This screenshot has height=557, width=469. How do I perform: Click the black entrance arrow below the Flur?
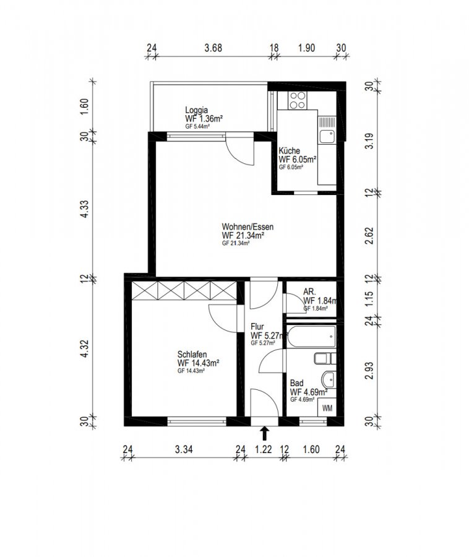click(x=265, y=433)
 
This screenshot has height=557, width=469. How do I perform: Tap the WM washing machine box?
click(x=327, y=408)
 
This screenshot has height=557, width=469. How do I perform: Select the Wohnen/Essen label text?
click(x=247, y=227)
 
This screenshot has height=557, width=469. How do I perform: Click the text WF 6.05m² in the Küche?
click(x=298, y=159)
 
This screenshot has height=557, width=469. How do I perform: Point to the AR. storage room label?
click(x=310, y=291)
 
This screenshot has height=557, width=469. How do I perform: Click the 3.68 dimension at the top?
click(x=212, y=48)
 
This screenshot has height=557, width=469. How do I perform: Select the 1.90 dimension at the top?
click(x=308, y=48)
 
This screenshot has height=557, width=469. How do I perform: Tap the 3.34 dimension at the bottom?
click(x=184, y=450)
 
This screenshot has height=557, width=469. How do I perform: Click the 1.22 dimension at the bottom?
click(x=264, y=450)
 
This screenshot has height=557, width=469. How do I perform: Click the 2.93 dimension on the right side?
click(x=370, y=370)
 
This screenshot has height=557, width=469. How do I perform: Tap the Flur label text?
click(x=258, y=327)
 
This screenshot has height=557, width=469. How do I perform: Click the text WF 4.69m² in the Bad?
click(x=308, y=392)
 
